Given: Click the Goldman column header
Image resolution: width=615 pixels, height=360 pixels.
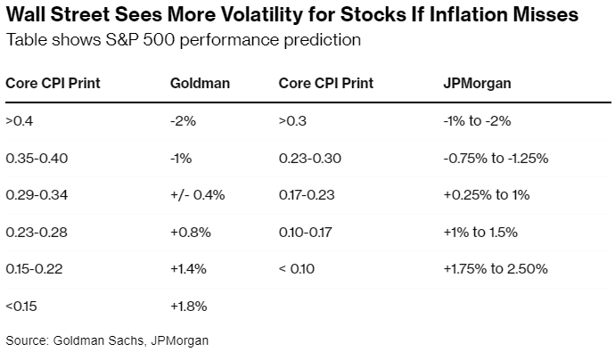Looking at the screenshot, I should coord(200,83).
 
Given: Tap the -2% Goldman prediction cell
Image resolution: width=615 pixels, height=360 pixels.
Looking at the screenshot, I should coord(183,120).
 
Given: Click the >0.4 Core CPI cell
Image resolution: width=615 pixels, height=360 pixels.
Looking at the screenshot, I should coord(18,120).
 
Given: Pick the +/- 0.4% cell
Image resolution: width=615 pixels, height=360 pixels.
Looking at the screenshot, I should coord(198,194).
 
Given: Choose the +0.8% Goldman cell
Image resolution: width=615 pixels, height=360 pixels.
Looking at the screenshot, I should coord(189,232).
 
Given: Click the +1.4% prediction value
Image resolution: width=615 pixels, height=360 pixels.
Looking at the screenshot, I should coord(188,268).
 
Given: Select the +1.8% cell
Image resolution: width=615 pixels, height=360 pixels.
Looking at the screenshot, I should coord(188,306).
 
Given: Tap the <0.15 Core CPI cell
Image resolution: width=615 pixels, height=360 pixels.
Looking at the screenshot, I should coord(22,306).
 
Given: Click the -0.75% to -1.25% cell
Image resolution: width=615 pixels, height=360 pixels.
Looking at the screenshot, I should coord(495,158).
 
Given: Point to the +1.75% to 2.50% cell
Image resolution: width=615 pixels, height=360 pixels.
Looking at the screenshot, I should coord(495,268).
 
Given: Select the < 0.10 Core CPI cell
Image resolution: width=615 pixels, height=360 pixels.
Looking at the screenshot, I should coord(299,268).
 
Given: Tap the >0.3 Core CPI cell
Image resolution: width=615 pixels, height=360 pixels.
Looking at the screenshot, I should coord(291,120).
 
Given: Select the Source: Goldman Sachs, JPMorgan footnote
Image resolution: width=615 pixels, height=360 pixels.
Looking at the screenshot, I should coord(107,340).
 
